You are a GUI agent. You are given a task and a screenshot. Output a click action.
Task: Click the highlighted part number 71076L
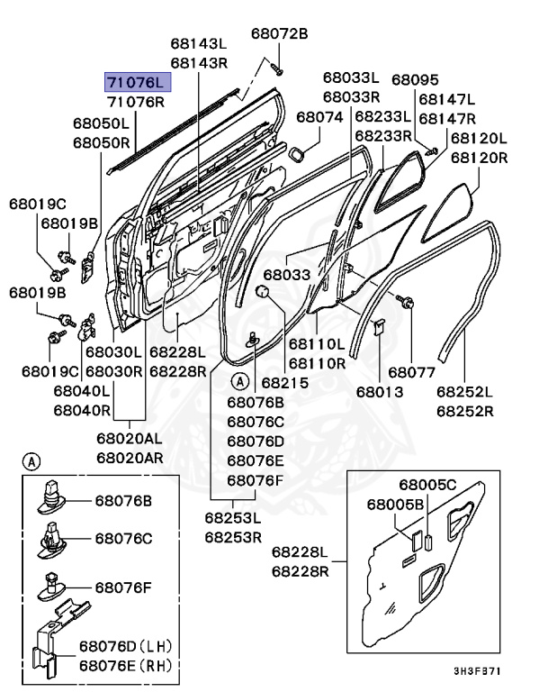pyautogui.click(x=137, y=83)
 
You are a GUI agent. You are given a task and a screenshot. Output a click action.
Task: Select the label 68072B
pyautogui.click(x=279, y=33)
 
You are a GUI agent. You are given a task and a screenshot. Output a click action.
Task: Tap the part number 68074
pyautogui.click(x=319, y=117)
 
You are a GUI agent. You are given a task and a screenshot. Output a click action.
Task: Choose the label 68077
pyautogui.click(x=412, y=370)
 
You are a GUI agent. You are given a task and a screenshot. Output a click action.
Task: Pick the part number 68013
pyautogui.click(x=379, y=393)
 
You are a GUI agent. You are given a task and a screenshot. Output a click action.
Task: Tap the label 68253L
pyautogui.click(x=232, y=518)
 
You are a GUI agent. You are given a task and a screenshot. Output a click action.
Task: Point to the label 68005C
pyautogui.click(x=427, y=485)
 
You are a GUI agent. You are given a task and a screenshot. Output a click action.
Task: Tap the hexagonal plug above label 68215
pyautogui.click(x=263, y=291)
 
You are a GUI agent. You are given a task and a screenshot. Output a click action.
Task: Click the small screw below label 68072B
pyautogui.click(x=276, y=67)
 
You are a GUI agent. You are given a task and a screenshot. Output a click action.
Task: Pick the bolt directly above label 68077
pyautogui.click(x=407, y=304)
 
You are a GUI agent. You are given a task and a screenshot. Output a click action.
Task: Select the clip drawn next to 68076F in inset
pyautogui.click(x=53, y=587)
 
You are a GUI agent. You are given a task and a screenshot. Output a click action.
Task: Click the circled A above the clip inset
pyautogui.click(x=31, y=462)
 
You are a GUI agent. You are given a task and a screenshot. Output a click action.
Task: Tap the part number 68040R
pyautogui.click(x=82, y=410)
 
